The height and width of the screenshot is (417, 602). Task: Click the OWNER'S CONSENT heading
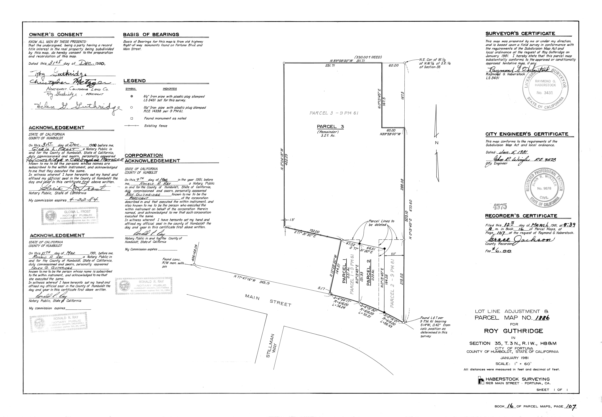click(56, 35)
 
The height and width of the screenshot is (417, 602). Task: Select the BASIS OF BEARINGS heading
click(151, 35)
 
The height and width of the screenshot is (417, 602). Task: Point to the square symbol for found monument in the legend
click(132, 118)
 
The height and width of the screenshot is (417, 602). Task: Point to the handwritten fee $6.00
click(502, 251)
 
